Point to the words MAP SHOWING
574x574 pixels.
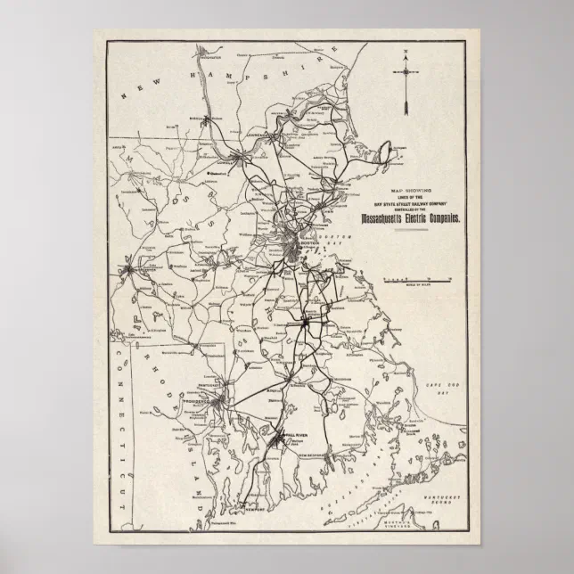click(409, 191)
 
